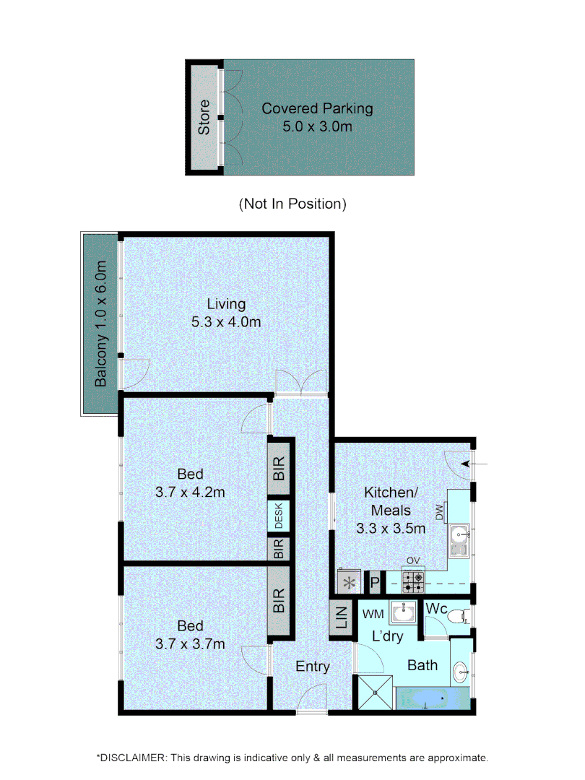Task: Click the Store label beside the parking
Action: [x=204, y=117]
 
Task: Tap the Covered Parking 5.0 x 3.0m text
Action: [x=317, y=118]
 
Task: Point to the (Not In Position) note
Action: [x=292, y=204]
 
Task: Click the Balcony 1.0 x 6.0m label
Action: [x=101, y=324]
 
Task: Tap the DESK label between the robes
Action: [x=279, y=516]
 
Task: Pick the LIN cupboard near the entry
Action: [x=342, y=620]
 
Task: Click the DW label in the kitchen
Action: [x=439, y=512]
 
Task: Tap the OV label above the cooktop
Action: [x=413, y=560]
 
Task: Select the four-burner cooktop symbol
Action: [x=414, y=579]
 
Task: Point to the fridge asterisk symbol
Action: [x=351, y=581]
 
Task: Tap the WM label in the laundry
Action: [x=372, y=615]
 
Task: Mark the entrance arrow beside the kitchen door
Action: [x=477, y=463]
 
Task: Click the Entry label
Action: [x=313, y=667]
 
